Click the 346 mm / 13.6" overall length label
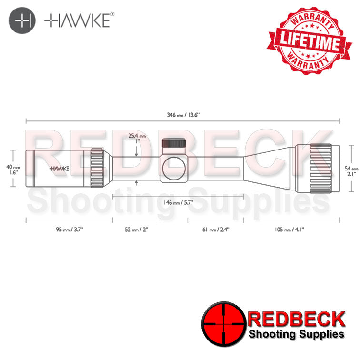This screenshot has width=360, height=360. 183,115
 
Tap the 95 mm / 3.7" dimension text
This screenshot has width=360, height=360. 70,230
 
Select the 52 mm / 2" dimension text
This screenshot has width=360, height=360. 136,230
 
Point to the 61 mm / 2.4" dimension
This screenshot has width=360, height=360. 216,230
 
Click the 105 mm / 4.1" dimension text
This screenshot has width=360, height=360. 290,230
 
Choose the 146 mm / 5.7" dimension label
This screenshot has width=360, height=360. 178,202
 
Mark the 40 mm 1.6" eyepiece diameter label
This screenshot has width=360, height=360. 13,170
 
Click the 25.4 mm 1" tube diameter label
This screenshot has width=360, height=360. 137,139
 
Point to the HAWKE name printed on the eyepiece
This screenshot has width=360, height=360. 59,168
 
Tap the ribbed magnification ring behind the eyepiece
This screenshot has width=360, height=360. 98,169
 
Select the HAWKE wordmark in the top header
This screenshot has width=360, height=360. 79,21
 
